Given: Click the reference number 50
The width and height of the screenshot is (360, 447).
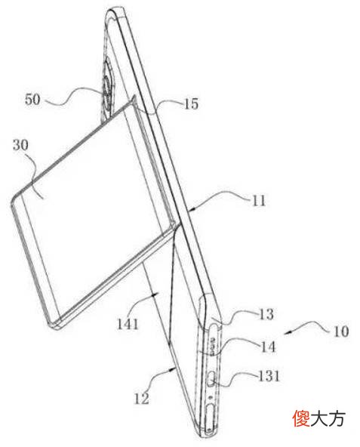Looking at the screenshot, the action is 32,100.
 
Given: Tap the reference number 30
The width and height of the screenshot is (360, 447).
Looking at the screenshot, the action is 20,145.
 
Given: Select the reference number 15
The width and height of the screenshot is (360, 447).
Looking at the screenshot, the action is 191,104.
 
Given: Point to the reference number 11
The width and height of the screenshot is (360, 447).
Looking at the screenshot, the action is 259,201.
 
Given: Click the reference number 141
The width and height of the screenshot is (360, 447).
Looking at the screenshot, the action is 128,325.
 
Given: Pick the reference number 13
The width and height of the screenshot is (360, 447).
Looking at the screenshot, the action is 266,314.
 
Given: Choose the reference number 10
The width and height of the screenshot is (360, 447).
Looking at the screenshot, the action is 341,331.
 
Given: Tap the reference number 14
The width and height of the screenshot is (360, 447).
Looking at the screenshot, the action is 268,347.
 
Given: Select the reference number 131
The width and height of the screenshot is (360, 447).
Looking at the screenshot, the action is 269,376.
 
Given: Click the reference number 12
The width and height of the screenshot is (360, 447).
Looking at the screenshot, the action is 142,399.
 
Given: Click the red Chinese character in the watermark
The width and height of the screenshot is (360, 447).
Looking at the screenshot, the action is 301,418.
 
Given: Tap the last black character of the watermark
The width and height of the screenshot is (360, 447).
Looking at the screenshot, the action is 337,418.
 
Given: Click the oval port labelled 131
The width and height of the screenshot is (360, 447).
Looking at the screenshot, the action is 212,379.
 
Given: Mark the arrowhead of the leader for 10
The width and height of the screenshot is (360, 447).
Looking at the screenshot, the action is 288,332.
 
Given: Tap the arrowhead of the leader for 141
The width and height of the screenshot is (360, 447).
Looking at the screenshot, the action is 153,294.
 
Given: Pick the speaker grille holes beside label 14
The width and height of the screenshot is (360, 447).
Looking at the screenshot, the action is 212,346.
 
